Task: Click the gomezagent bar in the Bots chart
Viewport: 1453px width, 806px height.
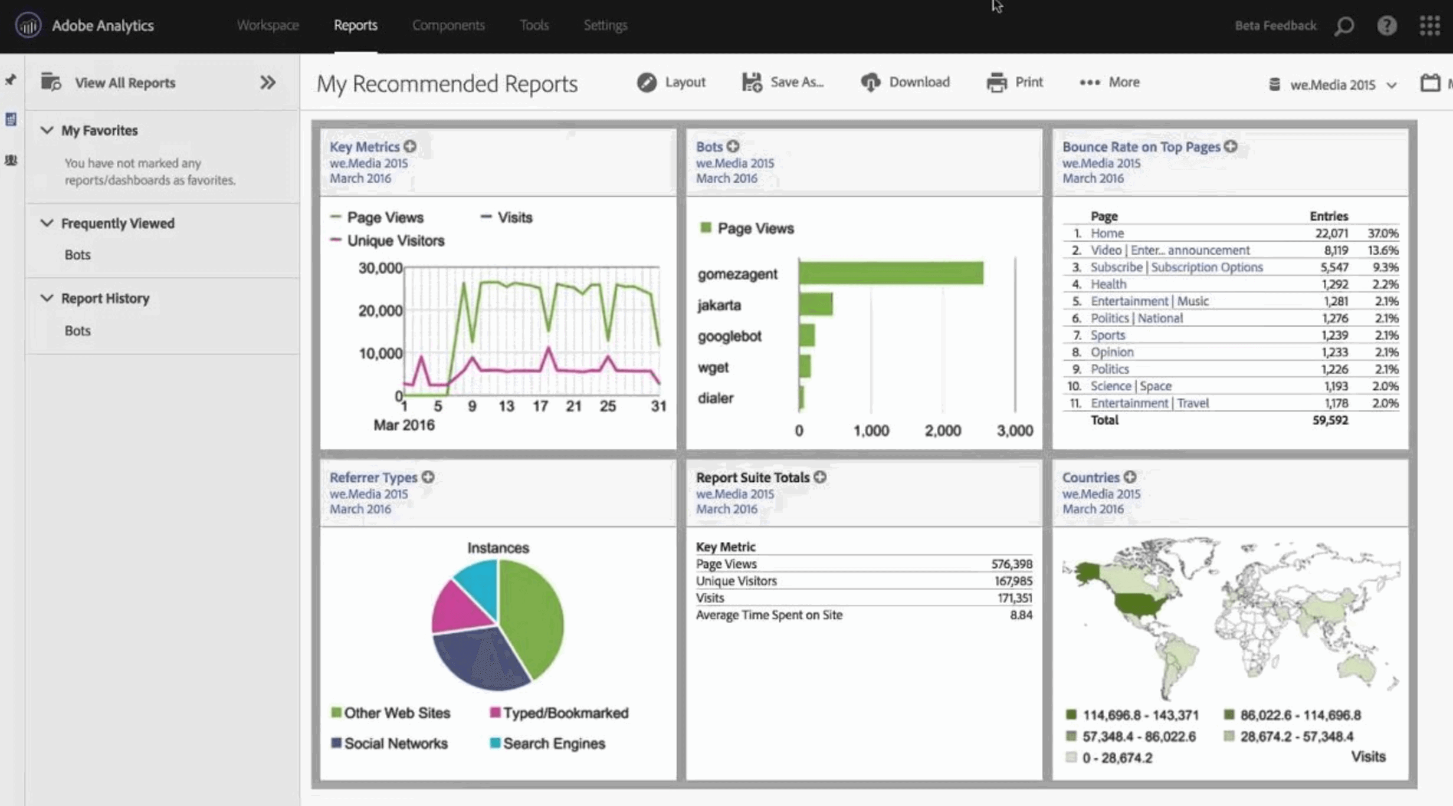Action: point(891,274)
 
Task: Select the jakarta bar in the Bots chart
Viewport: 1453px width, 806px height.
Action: point(816,305)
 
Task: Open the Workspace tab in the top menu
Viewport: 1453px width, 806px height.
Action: point(268,25)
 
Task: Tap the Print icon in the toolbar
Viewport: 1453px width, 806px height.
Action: point(996,83)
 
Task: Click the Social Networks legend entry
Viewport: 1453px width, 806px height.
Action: point(395,744)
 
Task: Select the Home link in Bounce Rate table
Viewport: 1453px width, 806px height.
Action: point(1107,233)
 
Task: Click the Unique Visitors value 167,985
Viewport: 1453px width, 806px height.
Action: point(1013,581)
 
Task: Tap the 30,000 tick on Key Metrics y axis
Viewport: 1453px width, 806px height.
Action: point(380,268)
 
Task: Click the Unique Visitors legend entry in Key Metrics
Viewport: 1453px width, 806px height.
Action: point(395,241)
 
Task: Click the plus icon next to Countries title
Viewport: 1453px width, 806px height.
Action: point(1130,478)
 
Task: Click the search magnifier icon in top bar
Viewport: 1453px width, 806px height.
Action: point(1344,26)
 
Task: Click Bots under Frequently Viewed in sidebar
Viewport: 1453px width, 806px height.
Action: point(77,255)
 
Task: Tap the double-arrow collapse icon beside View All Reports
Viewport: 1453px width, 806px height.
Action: point(268,83)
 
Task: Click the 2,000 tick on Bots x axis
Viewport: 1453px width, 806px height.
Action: point(942,431)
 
